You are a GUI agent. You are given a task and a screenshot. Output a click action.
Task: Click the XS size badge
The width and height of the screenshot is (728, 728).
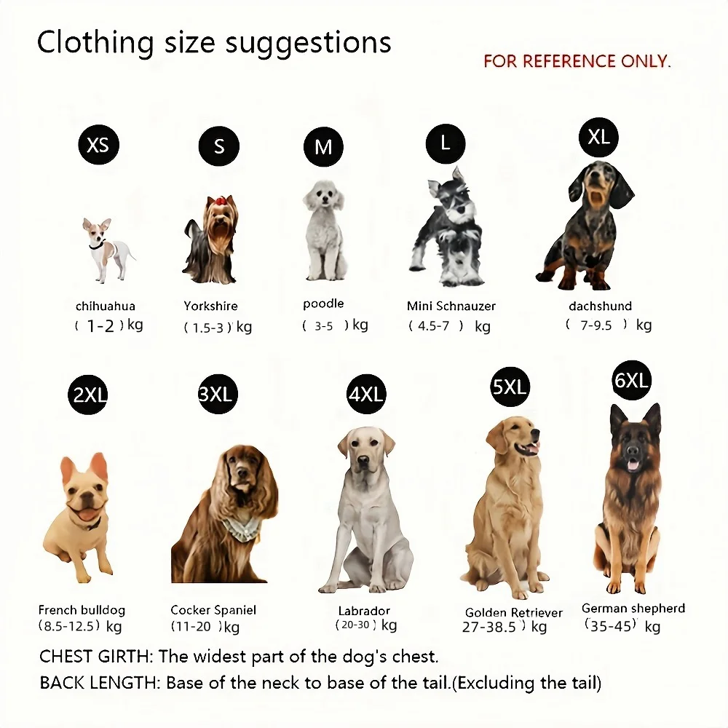tap(98, 144)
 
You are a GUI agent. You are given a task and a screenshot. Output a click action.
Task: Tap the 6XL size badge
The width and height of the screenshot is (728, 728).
tap(631, 380)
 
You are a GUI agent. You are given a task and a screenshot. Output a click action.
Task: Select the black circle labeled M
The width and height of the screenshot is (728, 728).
tap(324, 147)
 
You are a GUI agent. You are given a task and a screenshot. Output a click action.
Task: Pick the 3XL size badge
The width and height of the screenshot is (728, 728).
tap(218, 394)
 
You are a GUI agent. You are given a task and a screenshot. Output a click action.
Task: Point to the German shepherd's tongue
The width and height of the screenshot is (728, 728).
tap(633, 466)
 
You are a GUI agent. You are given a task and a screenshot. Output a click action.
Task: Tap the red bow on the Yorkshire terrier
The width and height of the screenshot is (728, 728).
tap(219, 200)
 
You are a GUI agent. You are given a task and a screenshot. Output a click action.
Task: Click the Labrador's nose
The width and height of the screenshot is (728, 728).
tap(363, 461)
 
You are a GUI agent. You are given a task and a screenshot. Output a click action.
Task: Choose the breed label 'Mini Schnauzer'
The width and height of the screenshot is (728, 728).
tap(451, 306)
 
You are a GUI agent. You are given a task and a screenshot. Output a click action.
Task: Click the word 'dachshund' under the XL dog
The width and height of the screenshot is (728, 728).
tap(601, 306)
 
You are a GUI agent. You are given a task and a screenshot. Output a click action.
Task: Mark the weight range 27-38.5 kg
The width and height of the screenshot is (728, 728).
tap(505, 627)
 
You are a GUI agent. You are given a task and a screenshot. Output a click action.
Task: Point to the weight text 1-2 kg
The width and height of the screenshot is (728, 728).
tap(108, 325)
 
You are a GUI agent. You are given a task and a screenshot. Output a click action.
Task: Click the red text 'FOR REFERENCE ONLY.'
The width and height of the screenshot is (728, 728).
tap(577, 61)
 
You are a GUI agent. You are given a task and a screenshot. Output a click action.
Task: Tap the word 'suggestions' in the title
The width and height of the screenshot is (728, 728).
tap(308, 43)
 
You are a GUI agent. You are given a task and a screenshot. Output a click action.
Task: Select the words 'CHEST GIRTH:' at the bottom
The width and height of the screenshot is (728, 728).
tap(96, 657)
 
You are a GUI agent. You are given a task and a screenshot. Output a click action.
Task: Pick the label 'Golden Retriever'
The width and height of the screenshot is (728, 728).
tap(513, 612)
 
